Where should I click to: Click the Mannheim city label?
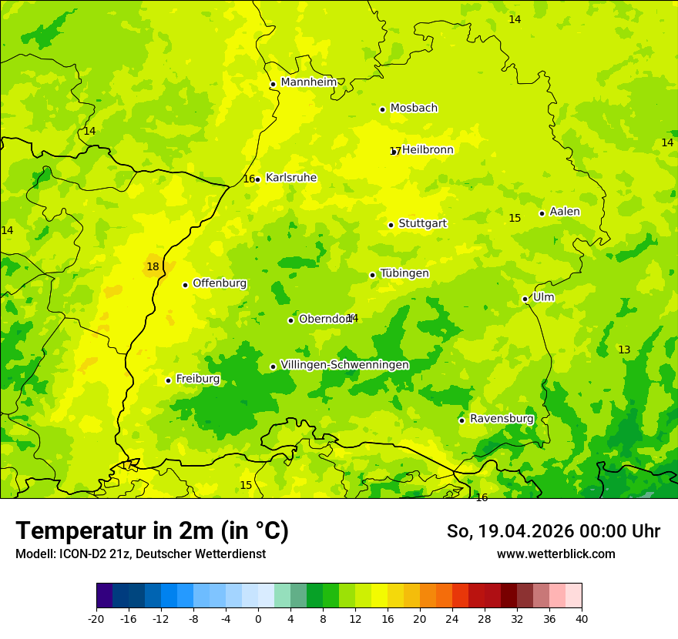[x=309, y=82]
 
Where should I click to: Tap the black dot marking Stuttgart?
[x=391, y=225]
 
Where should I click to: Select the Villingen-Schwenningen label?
[x=344, y=365]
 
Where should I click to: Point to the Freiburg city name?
[x=197, y=379]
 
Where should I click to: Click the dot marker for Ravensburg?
[x=462, y=420]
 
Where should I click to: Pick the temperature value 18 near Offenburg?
[x=153, y=267]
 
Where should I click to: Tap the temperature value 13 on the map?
[x=624, y=350]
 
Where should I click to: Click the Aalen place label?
[x=565, y=212]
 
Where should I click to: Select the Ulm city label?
[x=543, y=297]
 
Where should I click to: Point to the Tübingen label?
[x=404, y=273]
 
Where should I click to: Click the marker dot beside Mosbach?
[x=382, y=109]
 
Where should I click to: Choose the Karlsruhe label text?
[x=291, y=178]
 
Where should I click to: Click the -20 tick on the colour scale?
[x=96, y=618]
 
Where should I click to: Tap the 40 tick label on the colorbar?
[x=581, y=618]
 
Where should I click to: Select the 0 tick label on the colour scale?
[x=258, y=618]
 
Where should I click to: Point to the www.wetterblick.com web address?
[x=555, y=554]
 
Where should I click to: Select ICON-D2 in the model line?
[x=79, y=554]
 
